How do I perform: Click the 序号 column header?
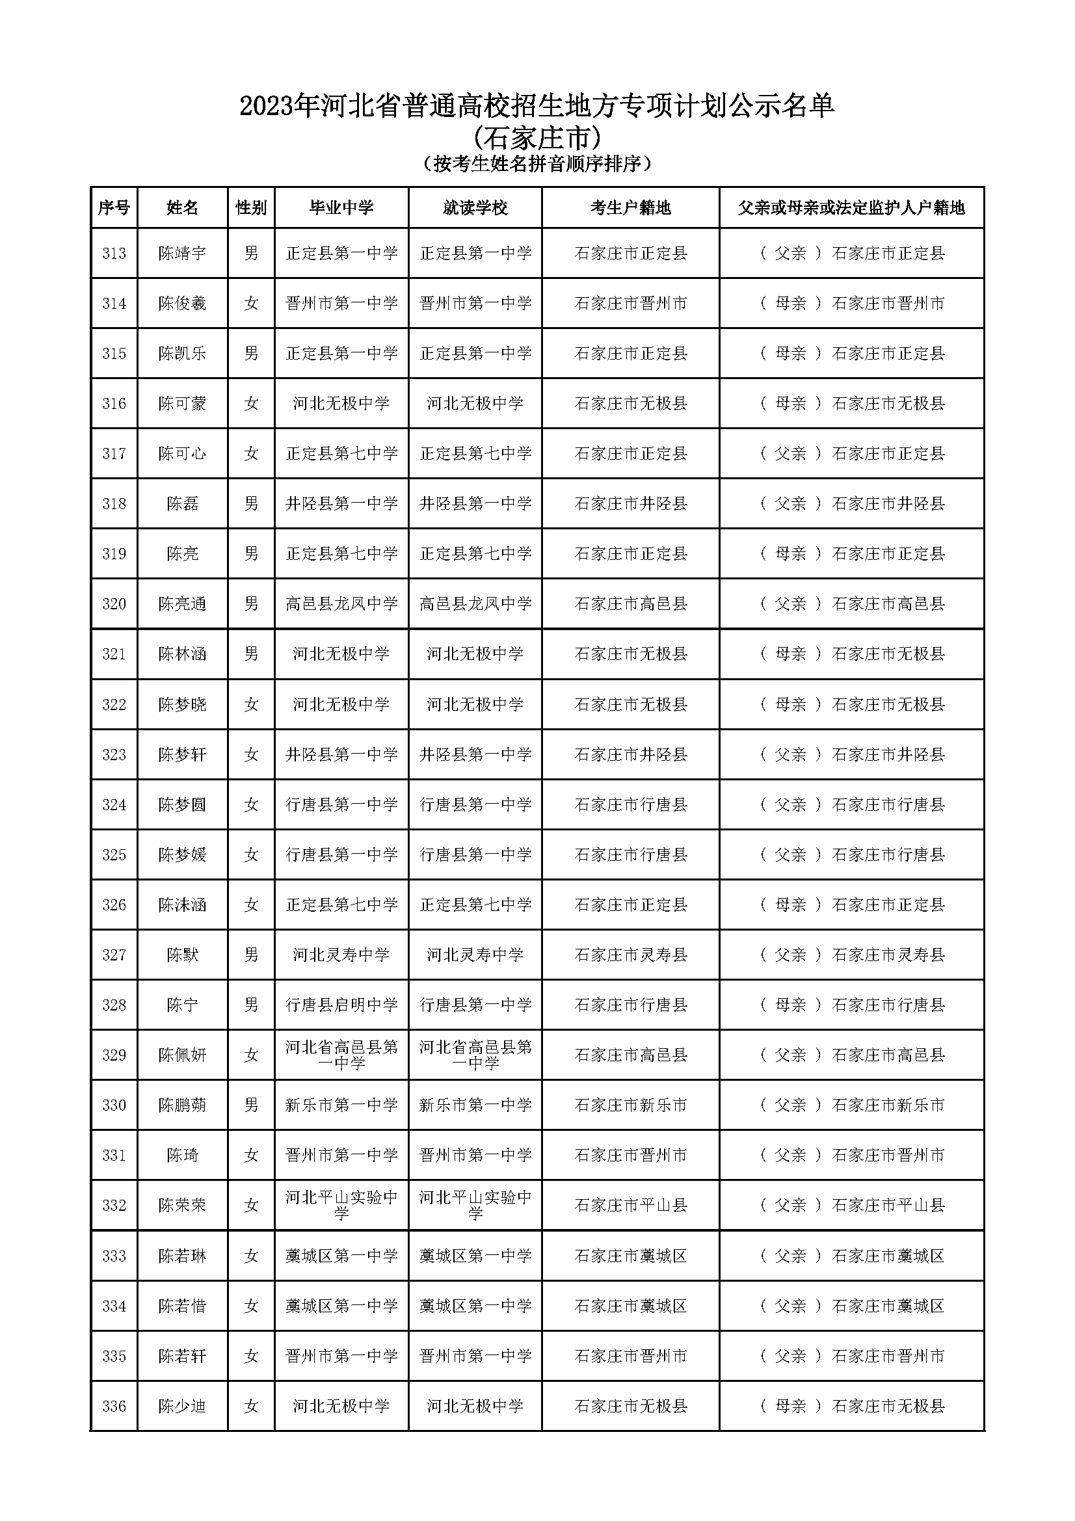pos(113,208)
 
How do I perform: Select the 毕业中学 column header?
pos(341,208)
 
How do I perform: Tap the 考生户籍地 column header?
pos(630,208)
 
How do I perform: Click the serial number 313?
pos(114,253)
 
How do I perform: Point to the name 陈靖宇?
pos(182,253)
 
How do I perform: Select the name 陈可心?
pos(182,454)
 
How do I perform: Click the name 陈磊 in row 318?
pos(182,503)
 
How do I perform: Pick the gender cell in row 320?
pos(251,603)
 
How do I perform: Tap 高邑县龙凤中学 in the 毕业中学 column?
pos(341,603)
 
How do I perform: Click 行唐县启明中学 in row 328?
pos(341,1005)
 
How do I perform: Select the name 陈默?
pos(182,955)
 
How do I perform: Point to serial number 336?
pos(114,1407)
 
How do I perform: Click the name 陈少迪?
pos(182,1407)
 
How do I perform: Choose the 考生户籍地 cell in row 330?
pos(630,1105)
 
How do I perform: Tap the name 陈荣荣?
pos(182,1206)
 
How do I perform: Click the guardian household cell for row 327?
pos(852,955)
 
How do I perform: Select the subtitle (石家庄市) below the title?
pos(537,138)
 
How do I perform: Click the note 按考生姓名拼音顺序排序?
pos(537,164)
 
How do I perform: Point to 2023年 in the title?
pos(278,106)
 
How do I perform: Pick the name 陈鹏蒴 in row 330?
pos(182,1105)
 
